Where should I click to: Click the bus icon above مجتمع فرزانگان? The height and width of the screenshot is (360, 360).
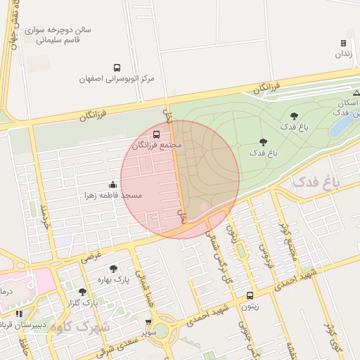[156, 134]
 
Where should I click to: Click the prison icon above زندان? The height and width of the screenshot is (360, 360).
[343, 43]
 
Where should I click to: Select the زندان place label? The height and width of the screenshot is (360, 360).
[342, 53]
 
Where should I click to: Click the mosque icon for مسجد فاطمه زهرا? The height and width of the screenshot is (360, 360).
[113, 184]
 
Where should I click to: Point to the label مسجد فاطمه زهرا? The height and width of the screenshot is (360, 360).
[113, 194]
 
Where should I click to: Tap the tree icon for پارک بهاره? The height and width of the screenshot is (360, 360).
[113, 269]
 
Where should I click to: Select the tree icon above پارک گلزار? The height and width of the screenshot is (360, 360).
[82, 292]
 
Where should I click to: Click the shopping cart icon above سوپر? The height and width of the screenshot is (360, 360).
[148, 322]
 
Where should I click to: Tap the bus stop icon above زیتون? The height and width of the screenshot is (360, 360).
[250, 296]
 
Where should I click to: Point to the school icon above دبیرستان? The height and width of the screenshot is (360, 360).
[19, 314]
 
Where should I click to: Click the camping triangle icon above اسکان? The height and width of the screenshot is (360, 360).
[356, 92]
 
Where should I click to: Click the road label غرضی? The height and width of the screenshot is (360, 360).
[91, 255]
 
